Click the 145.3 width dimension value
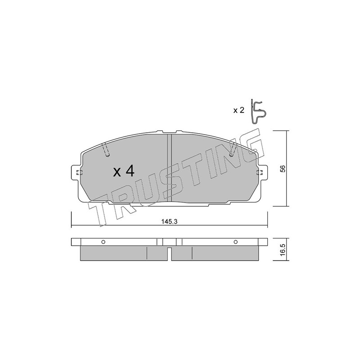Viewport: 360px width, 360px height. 170,221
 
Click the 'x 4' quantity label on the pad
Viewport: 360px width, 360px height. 123,172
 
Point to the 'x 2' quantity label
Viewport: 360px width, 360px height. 238,111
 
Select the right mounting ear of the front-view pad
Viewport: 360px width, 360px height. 262,173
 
